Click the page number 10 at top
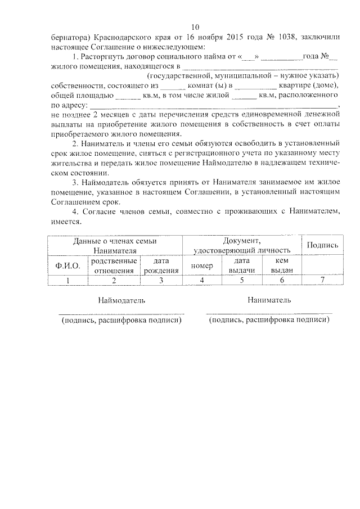click(195, 27)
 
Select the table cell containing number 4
click(201, 279)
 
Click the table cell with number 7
click(322, 279)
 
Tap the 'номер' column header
click(201, 265)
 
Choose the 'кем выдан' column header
click(282, 265)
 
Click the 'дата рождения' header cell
click(161, 265)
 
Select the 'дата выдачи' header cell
click(242, 265)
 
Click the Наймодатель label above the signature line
click(121, 300)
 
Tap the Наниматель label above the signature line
click(269, 300)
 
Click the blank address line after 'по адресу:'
click(214, 106)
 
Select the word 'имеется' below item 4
click(66, 222)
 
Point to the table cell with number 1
click(67, 279)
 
